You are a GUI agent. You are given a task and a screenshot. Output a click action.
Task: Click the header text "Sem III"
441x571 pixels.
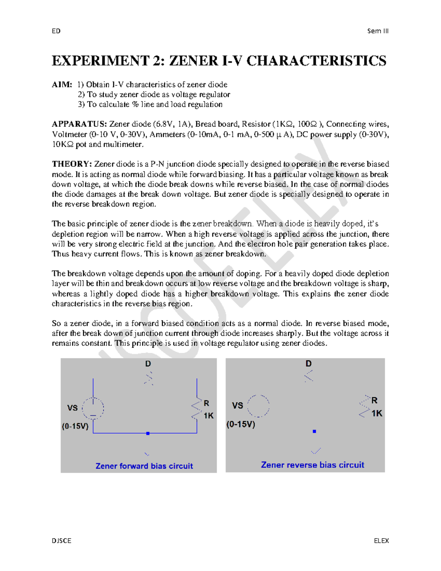(378, 31)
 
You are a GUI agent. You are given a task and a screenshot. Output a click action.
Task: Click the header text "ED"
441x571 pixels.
(56, 31)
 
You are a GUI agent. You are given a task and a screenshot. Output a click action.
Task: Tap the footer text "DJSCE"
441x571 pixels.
(62, 540)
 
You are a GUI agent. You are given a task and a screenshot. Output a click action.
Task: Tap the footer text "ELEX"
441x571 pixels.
(381, 540)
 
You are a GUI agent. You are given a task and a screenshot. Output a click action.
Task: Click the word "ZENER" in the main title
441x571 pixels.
(193, 61)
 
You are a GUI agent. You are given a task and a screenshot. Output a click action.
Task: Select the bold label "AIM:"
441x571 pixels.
(62, 85)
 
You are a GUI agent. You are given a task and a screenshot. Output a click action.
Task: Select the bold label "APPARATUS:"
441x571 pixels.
(79, 124)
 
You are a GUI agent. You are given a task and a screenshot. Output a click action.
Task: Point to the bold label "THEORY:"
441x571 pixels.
(72, 164)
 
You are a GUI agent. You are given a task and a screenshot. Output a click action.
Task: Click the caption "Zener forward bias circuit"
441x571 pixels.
(144, 466)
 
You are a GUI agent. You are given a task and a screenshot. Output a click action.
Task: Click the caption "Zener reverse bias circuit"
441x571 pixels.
(312, 465)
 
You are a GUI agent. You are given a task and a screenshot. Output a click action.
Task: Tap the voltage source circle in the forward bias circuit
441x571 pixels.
(93, 408)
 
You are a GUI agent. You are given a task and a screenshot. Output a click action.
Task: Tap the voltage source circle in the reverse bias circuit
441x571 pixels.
(258, 406)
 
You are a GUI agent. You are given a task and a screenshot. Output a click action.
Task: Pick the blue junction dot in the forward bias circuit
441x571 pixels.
(148, 433)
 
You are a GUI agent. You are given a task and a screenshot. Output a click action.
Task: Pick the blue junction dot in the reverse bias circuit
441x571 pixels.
(314, 431)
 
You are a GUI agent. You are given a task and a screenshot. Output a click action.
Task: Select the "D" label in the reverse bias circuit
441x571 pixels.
(308, 364)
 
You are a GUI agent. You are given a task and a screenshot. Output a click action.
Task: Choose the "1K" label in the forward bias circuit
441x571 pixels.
(209, 416)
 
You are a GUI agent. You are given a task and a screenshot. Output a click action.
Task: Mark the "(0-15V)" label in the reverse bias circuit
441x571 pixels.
(241, 424)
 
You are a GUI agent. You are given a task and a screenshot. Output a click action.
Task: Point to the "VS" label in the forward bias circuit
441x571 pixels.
(72, 408)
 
